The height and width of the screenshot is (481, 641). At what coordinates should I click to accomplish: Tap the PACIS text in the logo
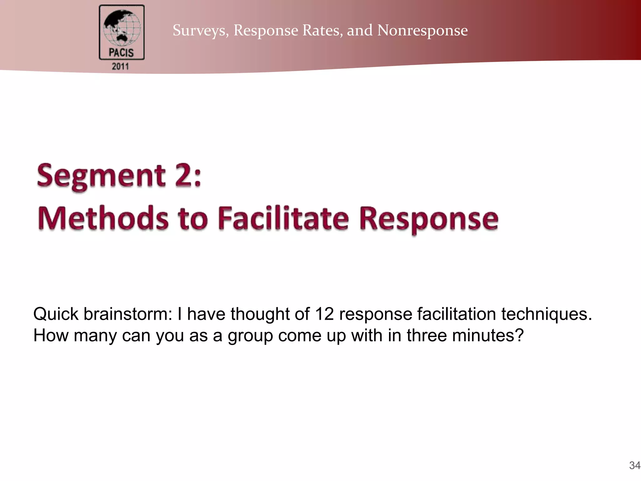tap(121, 53)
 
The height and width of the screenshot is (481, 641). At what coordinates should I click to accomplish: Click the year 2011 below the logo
tap(121, 66)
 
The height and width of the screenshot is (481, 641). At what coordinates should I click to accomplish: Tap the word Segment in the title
tap(101, 176)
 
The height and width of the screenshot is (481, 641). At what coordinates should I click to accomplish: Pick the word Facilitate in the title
tap(283, 218)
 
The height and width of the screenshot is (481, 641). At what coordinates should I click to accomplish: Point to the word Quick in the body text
tap(56, 314)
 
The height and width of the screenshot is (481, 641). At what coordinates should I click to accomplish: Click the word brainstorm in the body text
tap(128, 314)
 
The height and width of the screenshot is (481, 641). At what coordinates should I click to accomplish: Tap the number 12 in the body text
tap(324, 314)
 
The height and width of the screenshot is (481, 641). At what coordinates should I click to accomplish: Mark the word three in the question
tap(427, 335)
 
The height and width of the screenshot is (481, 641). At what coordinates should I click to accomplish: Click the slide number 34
tap(634, 465)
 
